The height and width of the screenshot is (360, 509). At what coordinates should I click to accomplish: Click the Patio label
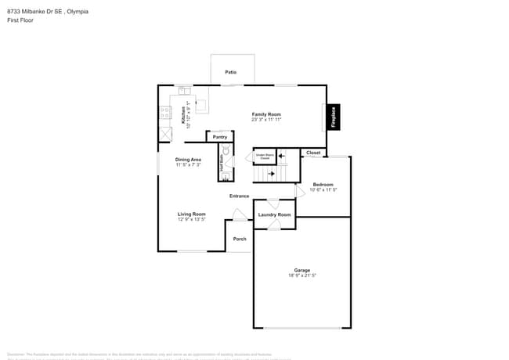pyautogui.click(x=231, y=72)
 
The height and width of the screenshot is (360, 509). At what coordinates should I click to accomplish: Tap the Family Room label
pyautogui.click(x=266, y=114)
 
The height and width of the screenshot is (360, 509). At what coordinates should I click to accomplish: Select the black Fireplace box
pyautogui.click(x=333, y=117)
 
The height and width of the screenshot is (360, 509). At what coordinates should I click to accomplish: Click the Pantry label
pyautogui.click(x=220, y=137)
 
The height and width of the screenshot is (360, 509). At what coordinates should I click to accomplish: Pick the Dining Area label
pyautogui.click(x=188, y=160)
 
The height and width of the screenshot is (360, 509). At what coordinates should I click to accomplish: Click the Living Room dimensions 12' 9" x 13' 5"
pyautogui.click(x=191, y=220)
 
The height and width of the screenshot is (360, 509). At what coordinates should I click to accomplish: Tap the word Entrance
pyautogui.click(x=239, y=196)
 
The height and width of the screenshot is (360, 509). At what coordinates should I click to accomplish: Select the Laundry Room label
pyautogui.click(x=274, y=214)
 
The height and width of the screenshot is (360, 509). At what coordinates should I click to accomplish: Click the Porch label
pyautogui.click(x=240, y=239)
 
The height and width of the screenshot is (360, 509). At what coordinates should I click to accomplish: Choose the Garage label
pyautogui.click(x=302, y=270)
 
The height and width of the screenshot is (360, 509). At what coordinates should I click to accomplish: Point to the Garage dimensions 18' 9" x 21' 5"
pyautogui.click(x=302, y=275)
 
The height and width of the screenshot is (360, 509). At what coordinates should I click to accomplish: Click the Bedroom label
pyautogui.click(x=323, y=185)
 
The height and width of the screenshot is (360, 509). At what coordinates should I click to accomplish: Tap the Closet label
pyautogui.click(x=313, y=153)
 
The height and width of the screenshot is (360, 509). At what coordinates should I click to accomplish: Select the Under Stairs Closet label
pyautogui.click(x=264, y=157)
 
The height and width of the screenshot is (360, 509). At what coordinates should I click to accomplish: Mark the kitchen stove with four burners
pyautogui.click(x=165, y=113)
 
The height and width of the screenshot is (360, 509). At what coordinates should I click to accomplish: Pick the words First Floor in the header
pyautogui.click(x=19, y=21)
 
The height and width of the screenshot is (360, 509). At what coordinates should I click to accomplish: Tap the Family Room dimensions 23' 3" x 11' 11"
pyautogui.click(x=266, y=120)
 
